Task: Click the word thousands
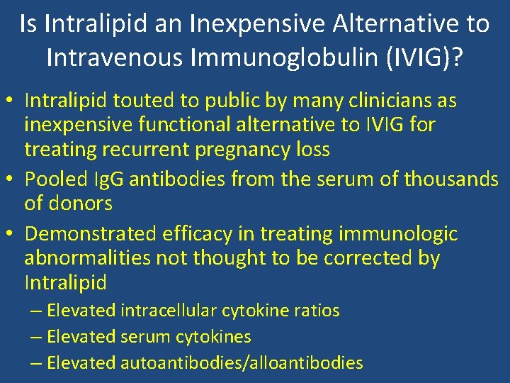point(450,179)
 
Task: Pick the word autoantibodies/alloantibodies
point(242,363)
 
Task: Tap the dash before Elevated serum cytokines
point(38,337)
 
